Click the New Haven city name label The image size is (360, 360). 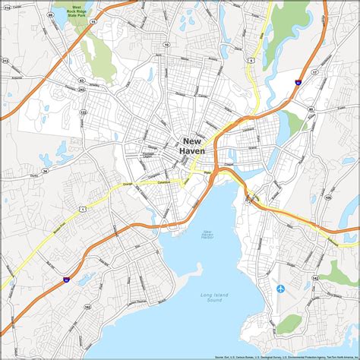192,146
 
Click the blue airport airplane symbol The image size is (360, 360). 281,289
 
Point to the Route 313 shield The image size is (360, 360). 5,61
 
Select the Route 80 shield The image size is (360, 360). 311,109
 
